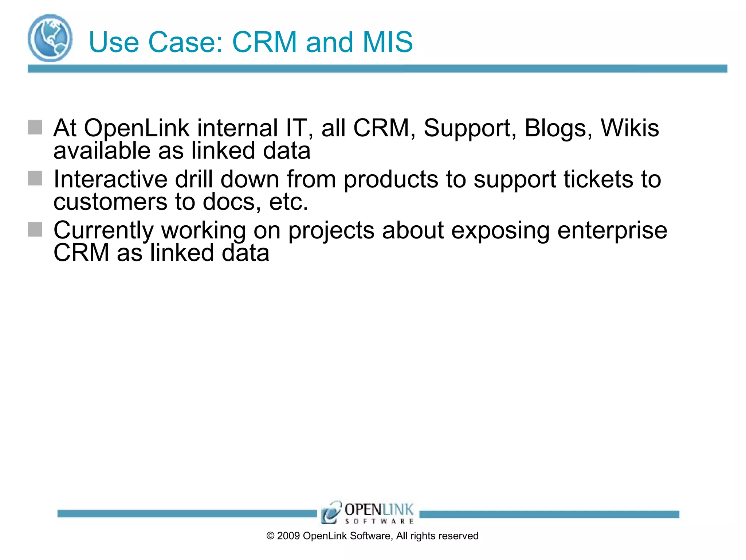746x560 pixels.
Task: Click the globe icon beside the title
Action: click(50, 38)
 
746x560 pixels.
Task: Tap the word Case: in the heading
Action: click(185, 42)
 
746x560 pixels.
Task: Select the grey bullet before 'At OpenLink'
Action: click(35, 127)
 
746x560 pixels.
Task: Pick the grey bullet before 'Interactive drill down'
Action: click(35, 178)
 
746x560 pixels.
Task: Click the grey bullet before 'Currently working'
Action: click(35, 229)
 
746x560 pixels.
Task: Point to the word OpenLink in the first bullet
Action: click(137, 128)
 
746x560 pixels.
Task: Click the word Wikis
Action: click(629, 128)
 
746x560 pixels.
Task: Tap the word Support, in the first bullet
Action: click(470, 129)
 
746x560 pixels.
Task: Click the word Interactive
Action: click(110, 179)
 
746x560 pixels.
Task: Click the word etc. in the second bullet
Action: click(288, 202)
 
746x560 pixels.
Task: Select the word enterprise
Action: click(612, 231)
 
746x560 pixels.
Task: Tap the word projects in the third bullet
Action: click(331, 231)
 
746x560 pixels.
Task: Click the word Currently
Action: click(103, 231)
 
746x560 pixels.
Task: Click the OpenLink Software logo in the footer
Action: click(367, 513)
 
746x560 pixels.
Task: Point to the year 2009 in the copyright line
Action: click(288, 536)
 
